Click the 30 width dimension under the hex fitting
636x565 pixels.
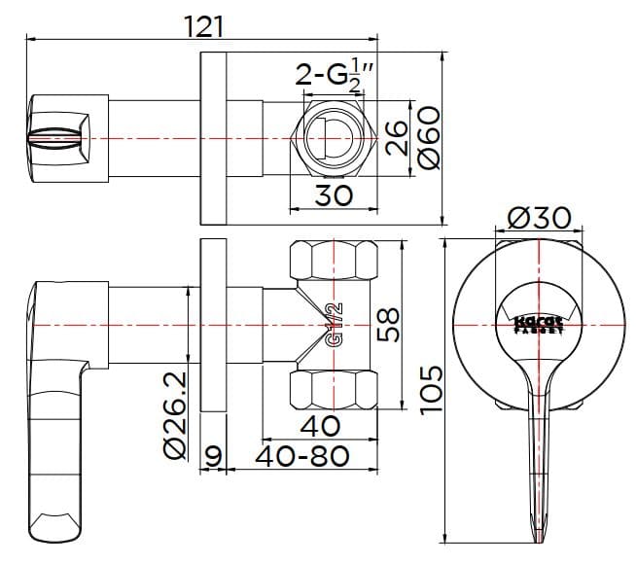pyautogui.click(x=334, y=195)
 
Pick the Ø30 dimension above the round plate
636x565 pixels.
pyautogui.click(x=539, y=218)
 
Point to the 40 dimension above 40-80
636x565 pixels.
pyautogui.click(x=320, y=425)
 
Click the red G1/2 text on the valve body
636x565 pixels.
pyautogui.click(x=334, y=325)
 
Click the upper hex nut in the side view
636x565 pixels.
pyautogui.click(x=334, y=263)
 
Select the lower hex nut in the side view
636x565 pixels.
pyautogui.click(x=334, y=387)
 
